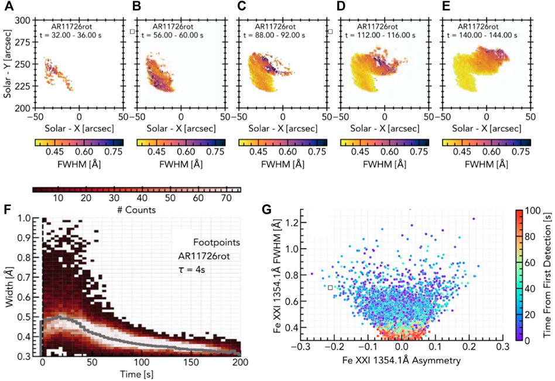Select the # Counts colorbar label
[x=136, y=210]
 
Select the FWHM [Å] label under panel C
[x=282, y=164]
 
